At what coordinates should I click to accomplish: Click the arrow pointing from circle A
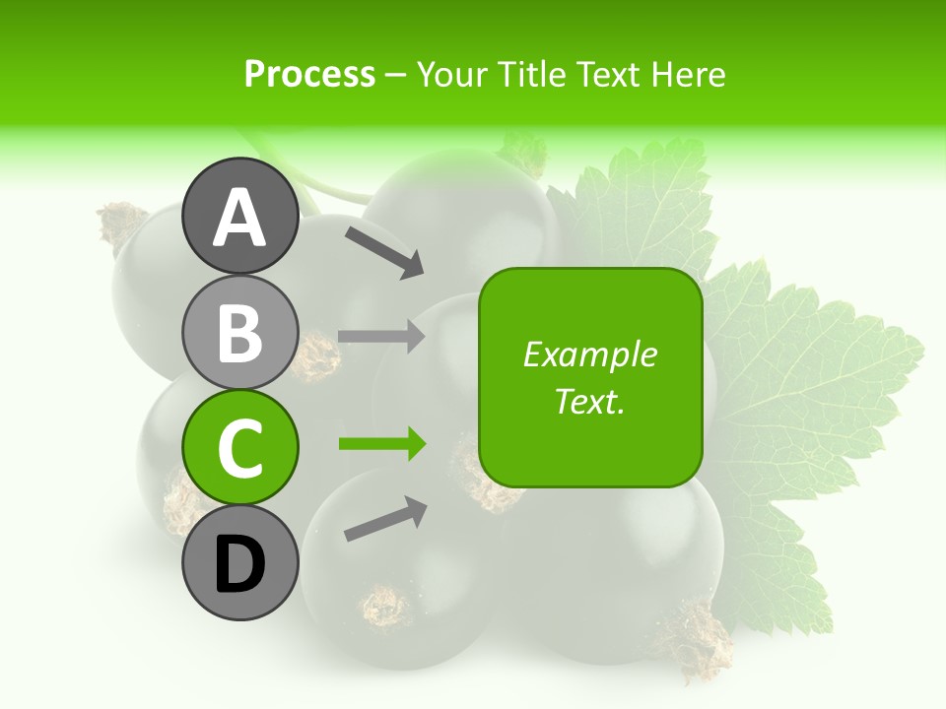pyautogui.click(x=383, y=252)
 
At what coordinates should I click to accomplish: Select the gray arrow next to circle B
pyautogui.click(x=381, y=337)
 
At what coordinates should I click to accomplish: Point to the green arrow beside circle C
pyautogui.click(x=382, y=444)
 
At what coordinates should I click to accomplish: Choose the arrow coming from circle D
pyautogui.click(x=385, y=519)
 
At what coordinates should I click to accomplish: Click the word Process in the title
pyautogui.click(x=309, y=74)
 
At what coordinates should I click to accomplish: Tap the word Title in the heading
pyautogui.click(x=527, y=74)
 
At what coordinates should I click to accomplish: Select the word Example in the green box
pyautogui.click(x=589, y=354)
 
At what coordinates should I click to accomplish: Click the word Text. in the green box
pyautogui.click(x=589, y=401)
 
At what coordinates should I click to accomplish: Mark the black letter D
pyautogui.click(x=239, y=566)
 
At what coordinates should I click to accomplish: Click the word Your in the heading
pyautogui.click(x=452, y=74)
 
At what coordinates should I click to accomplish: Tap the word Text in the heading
pyautogui.click(x=607, y=74)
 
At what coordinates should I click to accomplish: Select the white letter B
pyautogui.click(x=239, y=333)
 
